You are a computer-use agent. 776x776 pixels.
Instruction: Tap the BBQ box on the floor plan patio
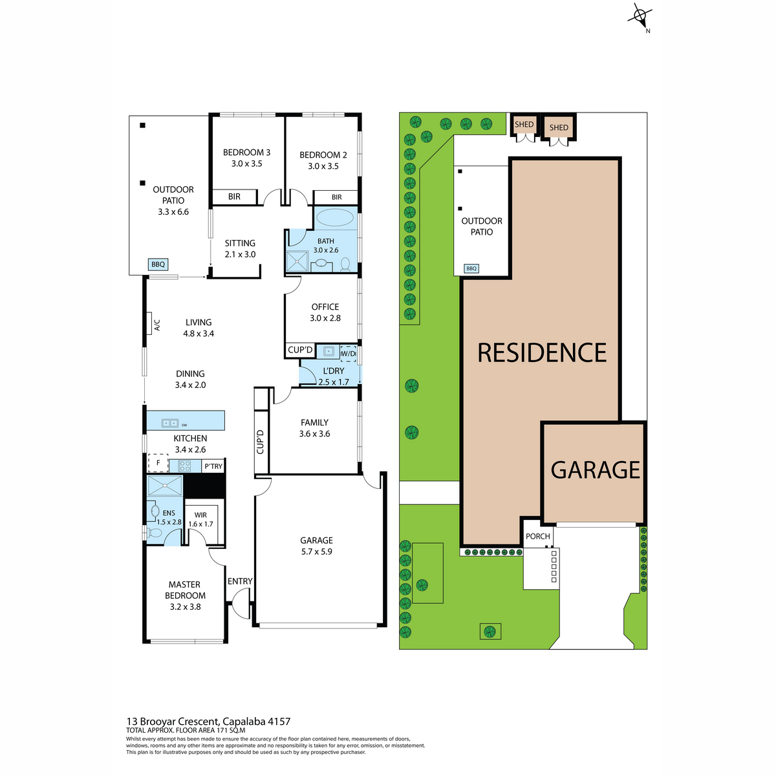point(158,264)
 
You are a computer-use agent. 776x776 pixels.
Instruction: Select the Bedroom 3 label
point(246,152)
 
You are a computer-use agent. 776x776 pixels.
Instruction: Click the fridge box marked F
point(158,463)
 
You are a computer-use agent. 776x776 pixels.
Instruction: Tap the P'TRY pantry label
point(213,466)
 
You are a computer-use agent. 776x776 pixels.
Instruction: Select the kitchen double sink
point(170,423)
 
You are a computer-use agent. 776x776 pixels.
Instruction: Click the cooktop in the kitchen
point(184,466)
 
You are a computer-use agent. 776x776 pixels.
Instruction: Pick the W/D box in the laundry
point(348,353)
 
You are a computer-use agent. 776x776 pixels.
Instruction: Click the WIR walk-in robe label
point(200,515)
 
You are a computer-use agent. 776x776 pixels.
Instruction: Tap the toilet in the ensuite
point(154,533)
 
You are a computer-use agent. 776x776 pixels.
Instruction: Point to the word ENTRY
point(240,581)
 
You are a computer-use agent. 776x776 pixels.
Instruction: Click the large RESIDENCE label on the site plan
point(542,352)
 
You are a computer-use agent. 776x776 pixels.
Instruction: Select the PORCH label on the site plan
point(537,536)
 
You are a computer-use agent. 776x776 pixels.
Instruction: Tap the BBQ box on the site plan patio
point(471,268)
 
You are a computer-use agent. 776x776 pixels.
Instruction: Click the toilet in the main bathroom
point(345,264)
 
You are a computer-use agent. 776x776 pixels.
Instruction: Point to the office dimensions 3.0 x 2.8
point(325,318)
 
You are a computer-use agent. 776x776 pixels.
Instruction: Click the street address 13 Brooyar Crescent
point(173,721)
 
